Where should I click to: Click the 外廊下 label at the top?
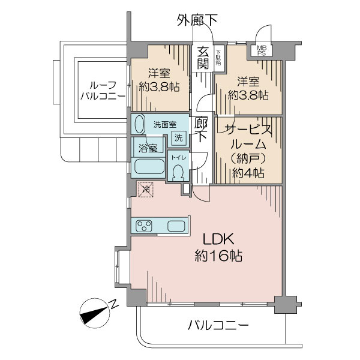pyautogui.click(x=197, y=20)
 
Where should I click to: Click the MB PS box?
pyautogui.click(x=262, y=50)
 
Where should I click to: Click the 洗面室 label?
pyautogui.click(x=164, y=124)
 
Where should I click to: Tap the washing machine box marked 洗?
pyautogui.click(x=178, y=137)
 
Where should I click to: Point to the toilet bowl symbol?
pyautogui.click(x=177, y=172)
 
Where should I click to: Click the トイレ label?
pyautogui.click(x=177, y=157)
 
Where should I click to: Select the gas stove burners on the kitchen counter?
pyautogui.click(x=145, y=226)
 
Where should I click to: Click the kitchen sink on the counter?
pyautogui.click(x=176, y=226)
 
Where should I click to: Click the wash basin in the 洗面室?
pyautogui.click(x=139, y=125)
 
